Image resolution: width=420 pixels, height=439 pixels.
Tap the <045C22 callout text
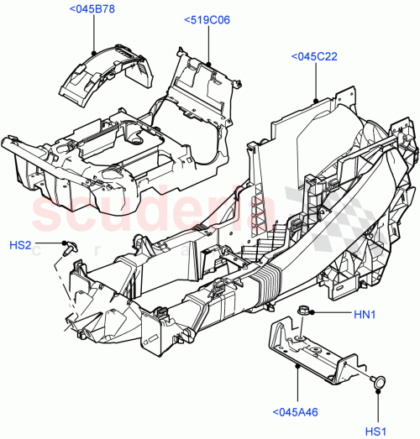314,56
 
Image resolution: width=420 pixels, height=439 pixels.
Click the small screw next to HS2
69,246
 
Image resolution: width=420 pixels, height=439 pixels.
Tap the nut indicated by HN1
302,314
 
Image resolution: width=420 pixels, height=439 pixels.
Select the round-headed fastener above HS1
378,381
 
